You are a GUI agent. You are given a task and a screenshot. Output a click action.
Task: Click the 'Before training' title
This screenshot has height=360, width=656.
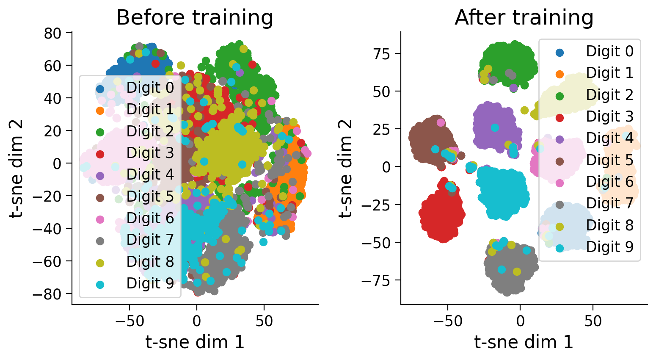195,18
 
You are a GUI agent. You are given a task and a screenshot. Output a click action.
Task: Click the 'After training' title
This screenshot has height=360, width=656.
524,18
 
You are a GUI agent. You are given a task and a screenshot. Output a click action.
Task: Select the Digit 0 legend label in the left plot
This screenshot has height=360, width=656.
150,87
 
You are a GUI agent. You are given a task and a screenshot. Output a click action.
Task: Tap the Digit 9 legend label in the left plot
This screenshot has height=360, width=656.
150,283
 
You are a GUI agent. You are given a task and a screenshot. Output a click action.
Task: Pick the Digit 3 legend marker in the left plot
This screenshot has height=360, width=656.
100,154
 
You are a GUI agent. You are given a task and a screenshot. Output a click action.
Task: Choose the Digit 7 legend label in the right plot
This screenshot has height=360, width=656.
610,203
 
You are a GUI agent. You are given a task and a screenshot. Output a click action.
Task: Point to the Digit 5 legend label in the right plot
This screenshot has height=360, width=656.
610,160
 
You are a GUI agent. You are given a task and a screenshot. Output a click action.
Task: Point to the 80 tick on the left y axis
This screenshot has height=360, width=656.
53,33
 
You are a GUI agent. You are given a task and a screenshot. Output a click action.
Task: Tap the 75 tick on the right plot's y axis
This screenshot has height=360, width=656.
381,54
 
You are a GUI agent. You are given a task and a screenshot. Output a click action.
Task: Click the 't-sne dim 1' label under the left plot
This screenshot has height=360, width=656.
195,342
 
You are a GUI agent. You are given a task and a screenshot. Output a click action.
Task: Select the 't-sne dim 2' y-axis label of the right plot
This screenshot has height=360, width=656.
346,168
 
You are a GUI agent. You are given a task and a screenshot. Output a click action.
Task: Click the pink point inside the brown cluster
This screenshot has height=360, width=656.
441,122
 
